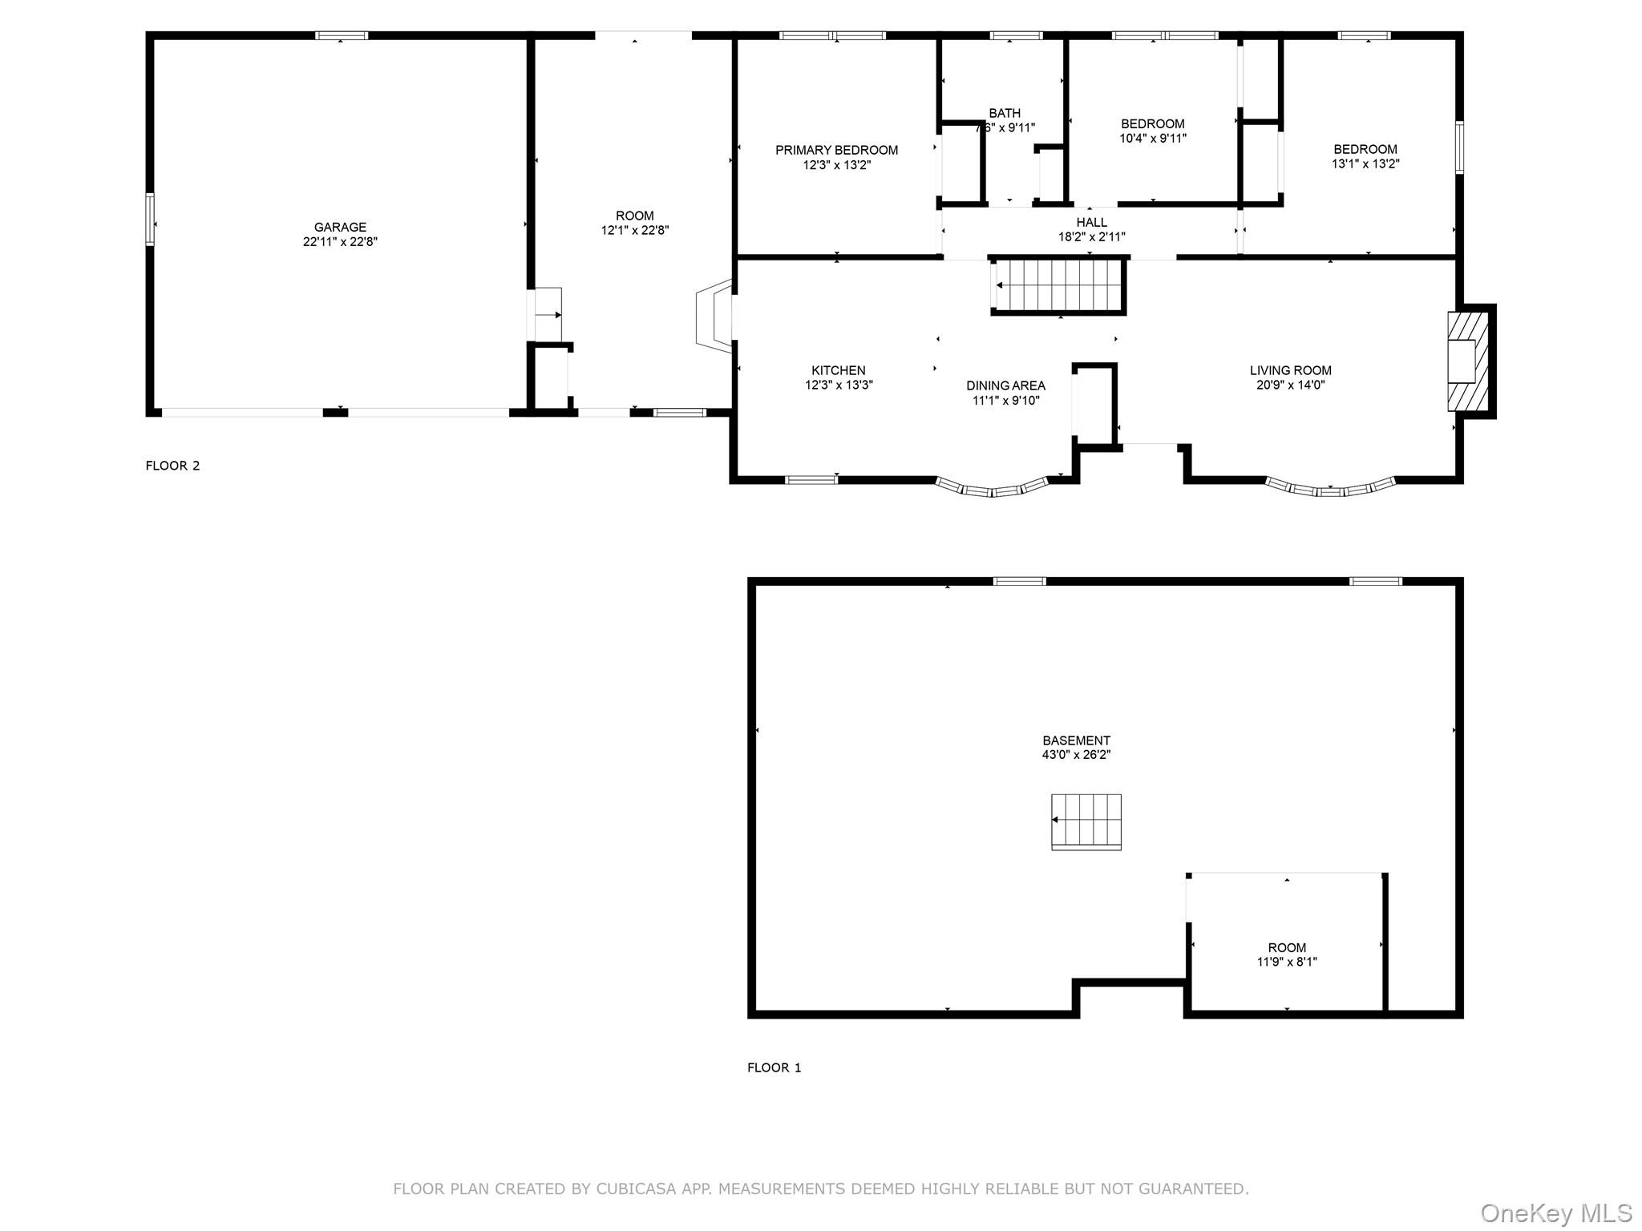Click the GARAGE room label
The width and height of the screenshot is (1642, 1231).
[340, 227]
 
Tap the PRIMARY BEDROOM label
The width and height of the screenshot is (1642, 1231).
[836, 150]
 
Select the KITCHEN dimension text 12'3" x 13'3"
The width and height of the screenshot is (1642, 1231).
[839, 385]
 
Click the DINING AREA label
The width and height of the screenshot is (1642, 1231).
[1005, 385]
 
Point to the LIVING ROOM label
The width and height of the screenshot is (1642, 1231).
[1290, 370]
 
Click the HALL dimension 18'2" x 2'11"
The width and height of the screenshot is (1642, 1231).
[1091, 237]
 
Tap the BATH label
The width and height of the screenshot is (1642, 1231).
[1005, 113]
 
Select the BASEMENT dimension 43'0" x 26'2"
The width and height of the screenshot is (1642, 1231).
[1076, 755]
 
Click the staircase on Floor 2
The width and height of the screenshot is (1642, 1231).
[1058, 285]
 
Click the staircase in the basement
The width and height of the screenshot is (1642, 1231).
[1086, 821]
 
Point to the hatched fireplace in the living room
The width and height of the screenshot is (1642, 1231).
[1467, 361]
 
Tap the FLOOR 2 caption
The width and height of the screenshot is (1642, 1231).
[172, 466]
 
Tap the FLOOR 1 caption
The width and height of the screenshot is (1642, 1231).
[774, 1068]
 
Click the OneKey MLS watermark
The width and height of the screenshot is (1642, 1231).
[1555, 1213]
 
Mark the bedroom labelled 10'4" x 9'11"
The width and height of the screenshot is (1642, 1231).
[1152, 131]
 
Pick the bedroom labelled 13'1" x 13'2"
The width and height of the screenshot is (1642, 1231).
[1365, 156]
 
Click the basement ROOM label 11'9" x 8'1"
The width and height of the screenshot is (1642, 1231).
[1286, 955]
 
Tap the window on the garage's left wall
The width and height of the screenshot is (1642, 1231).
[150, 219]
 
